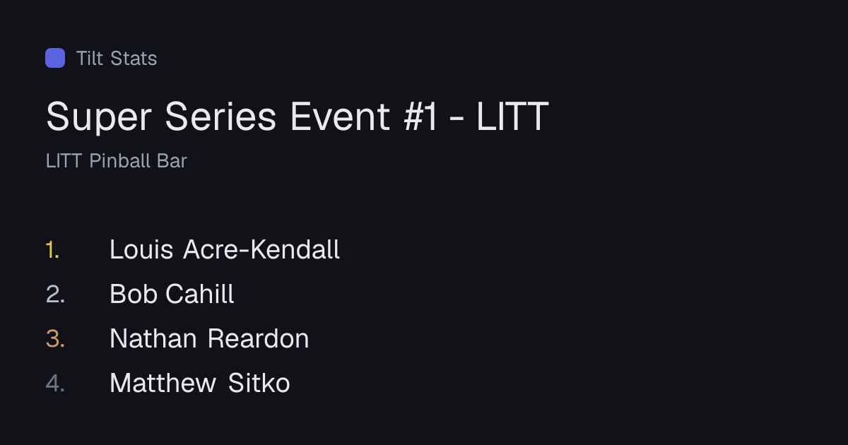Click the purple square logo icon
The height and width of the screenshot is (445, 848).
tap(55, 58)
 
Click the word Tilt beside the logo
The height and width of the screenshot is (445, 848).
tap(90, 58)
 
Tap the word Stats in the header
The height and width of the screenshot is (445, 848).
tap(134, 58)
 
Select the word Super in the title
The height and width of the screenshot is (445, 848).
tap(99, 117)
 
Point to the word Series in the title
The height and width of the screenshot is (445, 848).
tap(220, 117)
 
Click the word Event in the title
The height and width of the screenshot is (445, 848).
tap(340, 117)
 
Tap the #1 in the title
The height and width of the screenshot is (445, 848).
tap(420, 117)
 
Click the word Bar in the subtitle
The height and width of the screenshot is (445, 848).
tap(172, 161)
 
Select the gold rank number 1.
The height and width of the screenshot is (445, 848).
tap(52, 250)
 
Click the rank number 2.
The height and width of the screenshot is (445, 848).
tap(55, 295)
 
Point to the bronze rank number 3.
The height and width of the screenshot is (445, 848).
tap(55, 338)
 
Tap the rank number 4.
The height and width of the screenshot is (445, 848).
tap(55, 383)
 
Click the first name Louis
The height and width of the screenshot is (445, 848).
tap(141, 250)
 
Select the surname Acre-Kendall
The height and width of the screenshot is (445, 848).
tap(261, 250)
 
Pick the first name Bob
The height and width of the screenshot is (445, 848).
tap(134, 294)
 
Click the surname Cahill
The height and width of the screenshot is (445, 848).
tap(200, 294)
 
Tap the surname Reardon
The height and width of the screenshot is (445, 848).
tap(258, 338)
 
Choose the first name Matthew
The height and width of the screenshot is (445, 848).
tap(163, 383)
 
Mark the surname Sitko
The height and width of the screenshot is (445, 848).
tap(259, 383)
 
